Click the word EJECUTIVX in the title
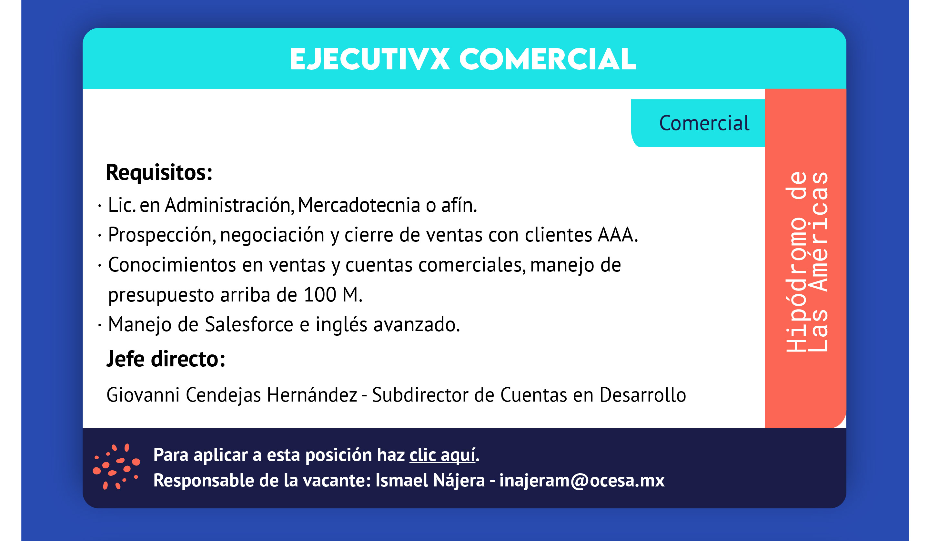(370, 59)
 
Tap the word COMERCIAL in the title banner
(548, 59)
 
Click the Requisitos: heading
(159, 173)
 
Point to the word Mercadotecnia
(359, 205)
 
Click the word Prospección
(162, 235)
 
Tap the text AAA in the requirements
(618, 235)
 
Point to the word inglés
(341, 325)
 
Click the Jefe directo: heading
(166, 359)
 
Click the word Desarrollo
(643, 395)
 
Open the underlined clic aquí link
(442, 455)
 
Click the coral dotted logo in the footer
(116, 466)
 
